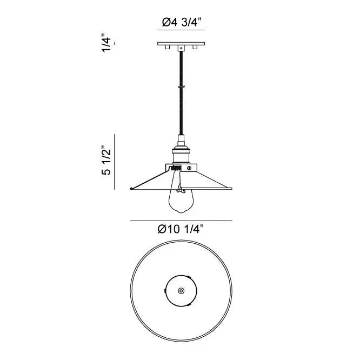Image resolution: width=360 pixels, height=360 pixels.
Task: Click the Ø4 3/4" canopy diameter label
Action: [x=182, y=23]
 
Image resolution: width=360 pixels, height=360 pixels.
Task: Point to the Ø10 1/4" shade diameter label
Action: [x=182, y=229]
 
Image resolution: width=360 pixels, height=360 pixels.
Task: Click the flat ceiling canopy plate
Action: [x=182, y=44]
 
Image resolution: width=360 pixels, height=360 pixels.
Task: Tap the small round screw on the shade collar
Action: [x=189, y=168]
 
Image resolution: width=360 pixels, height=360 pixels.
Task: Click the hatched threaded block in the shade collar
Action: [x=176, y=169]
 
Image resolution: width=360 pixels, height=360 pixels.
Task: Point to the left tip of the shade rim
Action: [x=131, y=188]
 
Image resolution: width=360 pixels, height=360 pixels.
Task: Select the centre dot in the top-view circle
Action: [x=181, y=291]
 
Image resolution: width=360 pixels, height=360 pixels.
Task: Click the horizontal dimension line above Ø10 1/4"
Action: [x=182, y=221]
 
